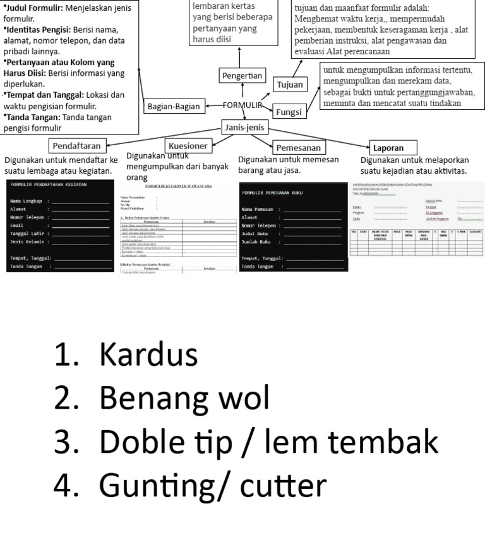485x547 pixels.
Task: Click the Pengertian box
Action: pos(242,76)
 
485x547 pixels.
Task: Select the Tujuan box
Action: pos(290,84)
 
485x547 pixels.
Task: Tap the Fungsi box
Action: pos(289,112)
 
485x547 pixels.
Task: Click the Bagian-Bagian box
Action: pos(173,107)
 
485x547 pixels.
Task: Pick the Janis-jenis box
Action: pos(245,127)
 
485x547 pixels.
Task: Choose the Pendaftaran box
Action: pos(76,146)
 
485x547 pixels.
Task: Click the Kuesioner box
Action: pos(188,146)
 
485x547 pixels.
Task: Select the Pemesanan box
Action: pos(298,147)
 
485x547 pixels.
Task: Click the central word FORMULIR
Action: pos(242,105)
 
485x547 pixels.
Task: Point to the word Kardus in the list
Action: pos(148,355)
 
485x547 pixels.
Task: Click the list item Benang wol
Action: pos(184,399)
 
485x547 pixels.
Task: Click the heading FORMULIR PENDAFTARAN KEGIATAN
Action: pos(50,184)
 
